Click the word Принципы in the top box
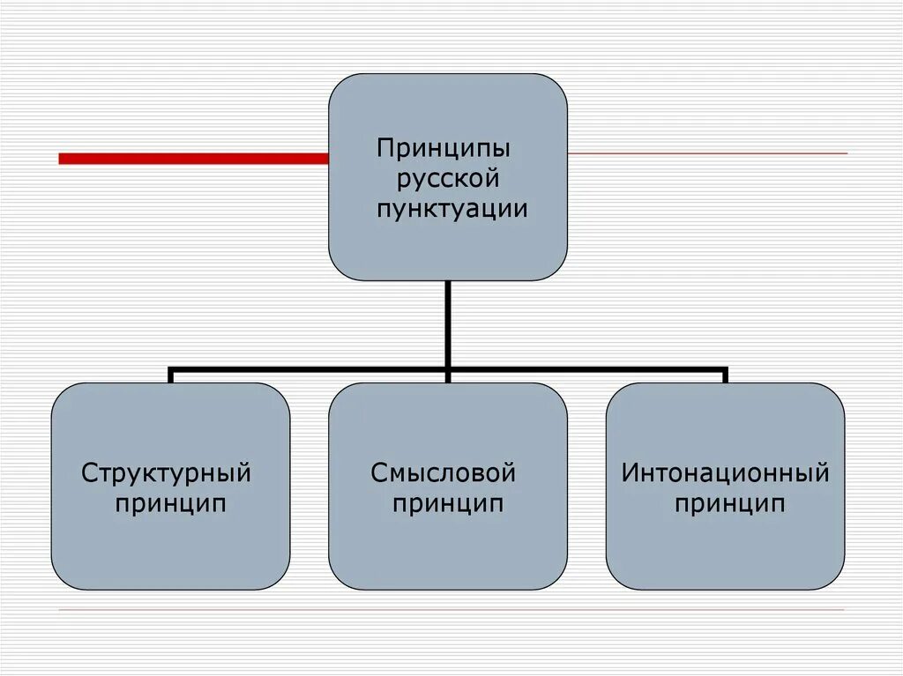click(444, 147)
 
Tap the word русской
click(448, 179)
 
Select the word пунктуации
click(452, 210)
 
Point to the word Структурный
click(167, 473)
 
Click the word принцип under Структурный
click(170, 505)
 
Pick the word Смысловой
click(443, 473)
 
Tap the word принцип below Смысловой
click(448, 505)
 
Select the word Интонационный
click(726, 473)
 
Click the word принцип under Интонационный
click(729, 505)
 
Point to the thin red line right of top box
click(705, 154)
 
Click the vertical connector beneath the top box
click(448, 322)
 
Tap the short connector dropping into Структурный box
click(170, 376)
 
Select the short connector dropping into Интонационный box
click(725, 376)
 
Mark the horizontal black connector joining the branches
click(309, 369)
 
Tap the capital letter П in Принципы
click(384, 146)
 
